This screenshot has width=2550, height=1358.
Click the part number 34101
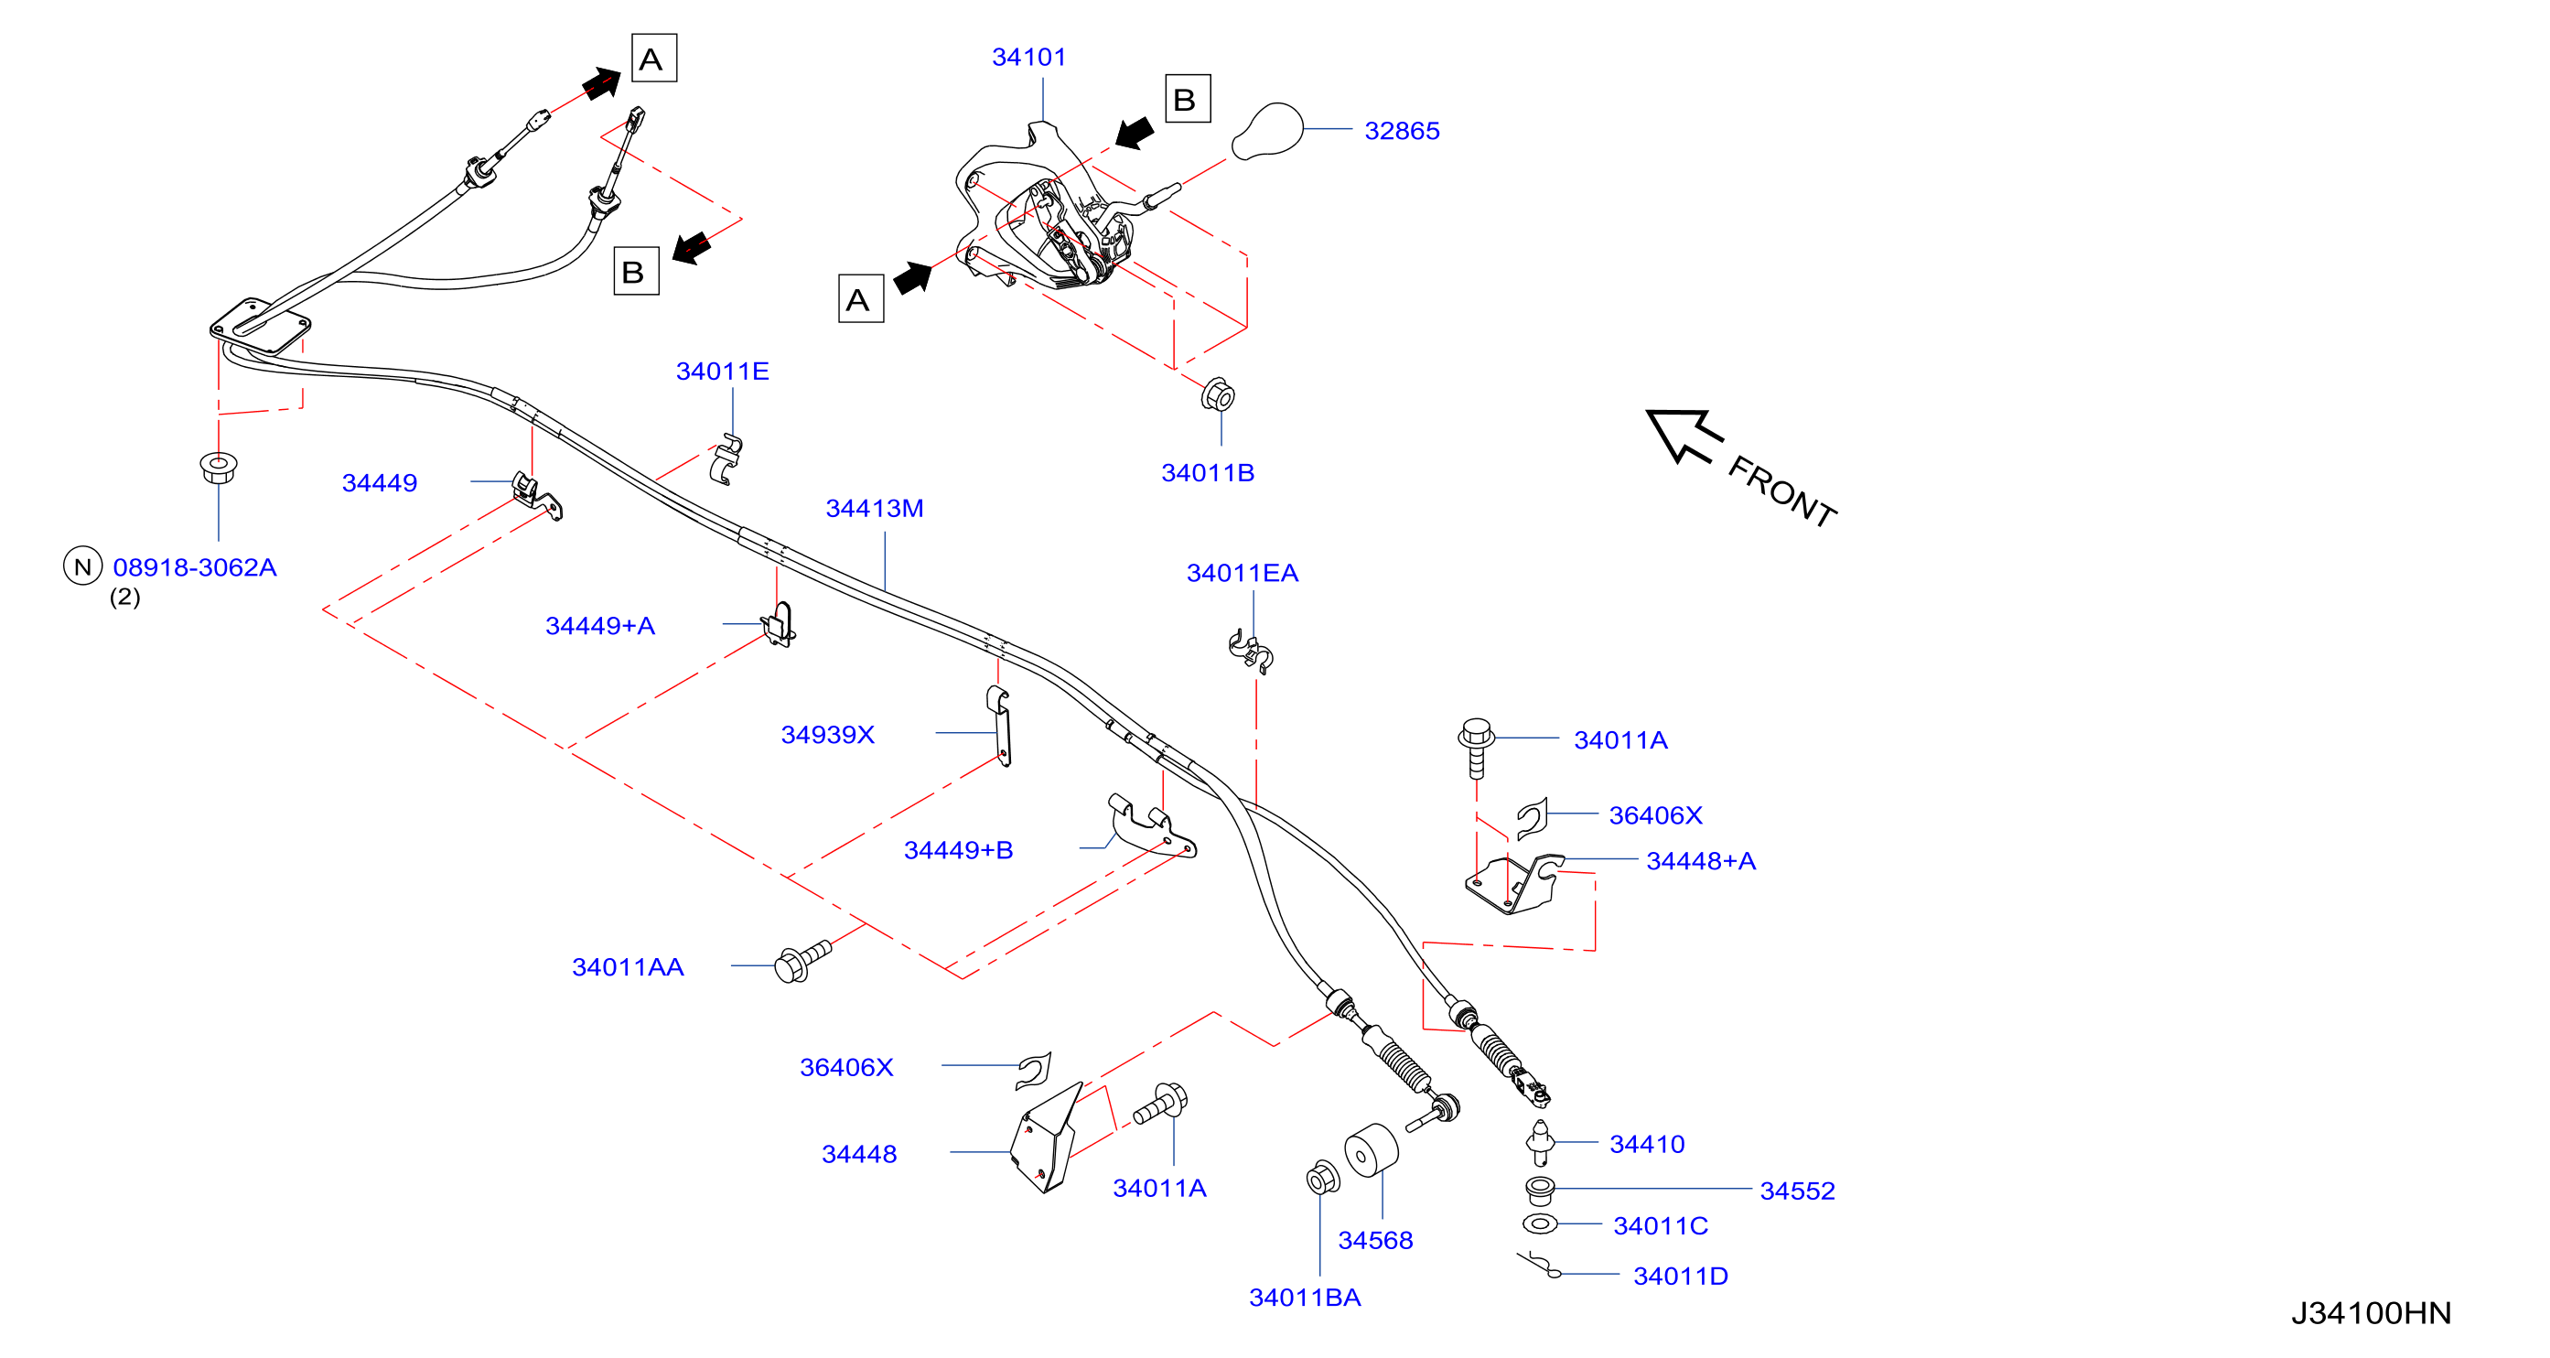pos(1028,58)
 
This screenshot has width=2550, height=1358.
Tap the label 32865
pos(1402,131)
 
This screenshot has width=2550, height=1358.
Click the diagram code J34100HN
pos(2371,1313)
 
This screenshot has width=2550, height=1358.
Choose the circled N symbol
pos(83,566)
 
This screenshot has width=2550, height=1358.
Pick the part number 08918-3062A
pos(195,567)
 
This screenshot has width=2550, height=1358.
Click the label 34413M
pos(874,508)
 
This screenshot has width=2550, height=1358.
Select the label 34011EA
pos(1243,573)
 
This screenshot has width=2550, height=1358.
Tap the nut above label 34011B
pos(1218,395)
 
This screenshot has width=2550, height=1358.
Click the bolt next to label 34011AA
pos(802,961)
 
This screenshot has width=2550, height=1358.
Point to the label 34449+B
pos(958,850)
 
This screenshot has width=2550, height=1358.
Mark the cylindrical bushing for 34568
pos(1371,1151)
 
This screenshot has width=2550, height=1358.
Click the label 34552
pos(1798,1191)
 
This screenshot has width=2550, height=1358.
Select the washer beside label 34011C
pos(1539,1224)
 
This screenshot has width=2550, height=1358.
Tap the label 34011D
pos(1681,1276)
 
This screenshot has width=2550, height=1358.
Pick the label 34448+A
pos(1701,861)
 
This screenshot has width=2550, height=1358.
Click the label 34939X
pos(827,735)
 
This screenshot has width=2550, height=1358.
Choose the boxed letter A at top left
pos(654,59)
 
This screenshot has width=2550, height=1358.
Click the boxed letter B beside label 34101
pos(1188,99)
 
